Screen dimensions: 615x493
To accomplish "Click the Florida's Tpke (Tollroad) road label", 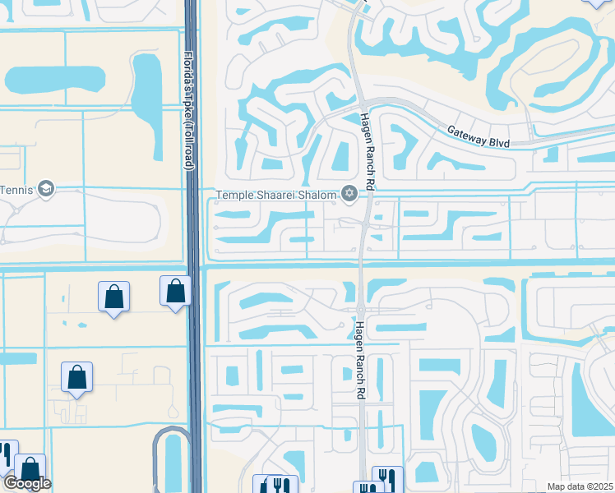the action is (188, 111).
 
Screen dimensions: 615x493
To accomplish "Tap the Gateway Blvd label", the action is (479, 137).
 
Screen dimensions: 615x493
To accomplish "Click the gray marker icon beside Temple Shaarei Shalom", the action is (350, 194).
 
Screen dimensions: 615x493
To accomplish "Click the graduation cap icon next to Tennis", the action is (45, 189).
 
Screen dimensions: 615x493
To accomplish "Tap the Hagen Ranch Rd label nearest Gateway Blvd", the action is (366, 153).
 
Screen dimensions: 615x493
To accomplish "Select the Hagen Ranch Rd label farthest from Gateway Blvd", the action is (359, 362).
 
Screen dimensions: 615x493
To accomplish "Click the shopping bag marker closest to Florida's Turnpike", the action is (175, 291).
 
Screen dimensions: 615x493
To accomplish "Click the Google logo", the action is (27, 484).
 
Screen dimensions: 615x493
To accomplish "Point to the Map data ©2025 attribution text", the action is (580, 486).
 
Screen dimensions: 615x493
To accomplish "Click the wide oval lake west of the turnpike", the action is (54, 80).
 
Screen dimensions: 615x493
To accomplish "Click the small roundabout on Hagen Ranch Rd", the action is (361, 310).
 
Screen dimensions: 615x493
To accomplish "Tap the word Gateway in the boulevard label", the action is (465, 134).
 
